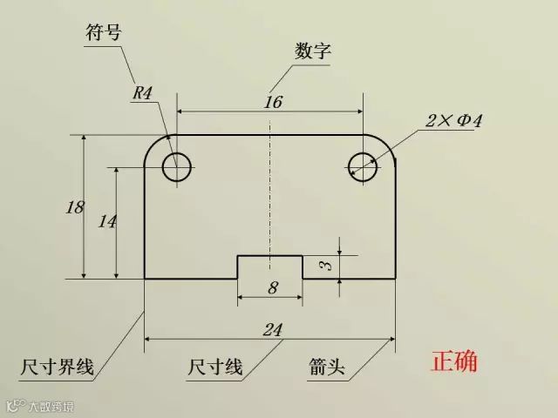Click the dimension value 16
coord(273,102)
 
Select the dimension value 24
coord(273,329)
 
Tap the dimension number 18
coord(75,207)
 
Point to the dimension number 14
coord(107,221)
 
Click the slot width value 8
coord(272,288)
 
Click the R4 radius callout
coord(143,92)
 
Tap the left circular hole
coord(177,165)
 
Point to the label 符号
coord(103,32)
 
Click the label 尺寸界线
coord(57,367)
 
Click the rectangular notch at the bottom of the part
coord(270,267)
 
